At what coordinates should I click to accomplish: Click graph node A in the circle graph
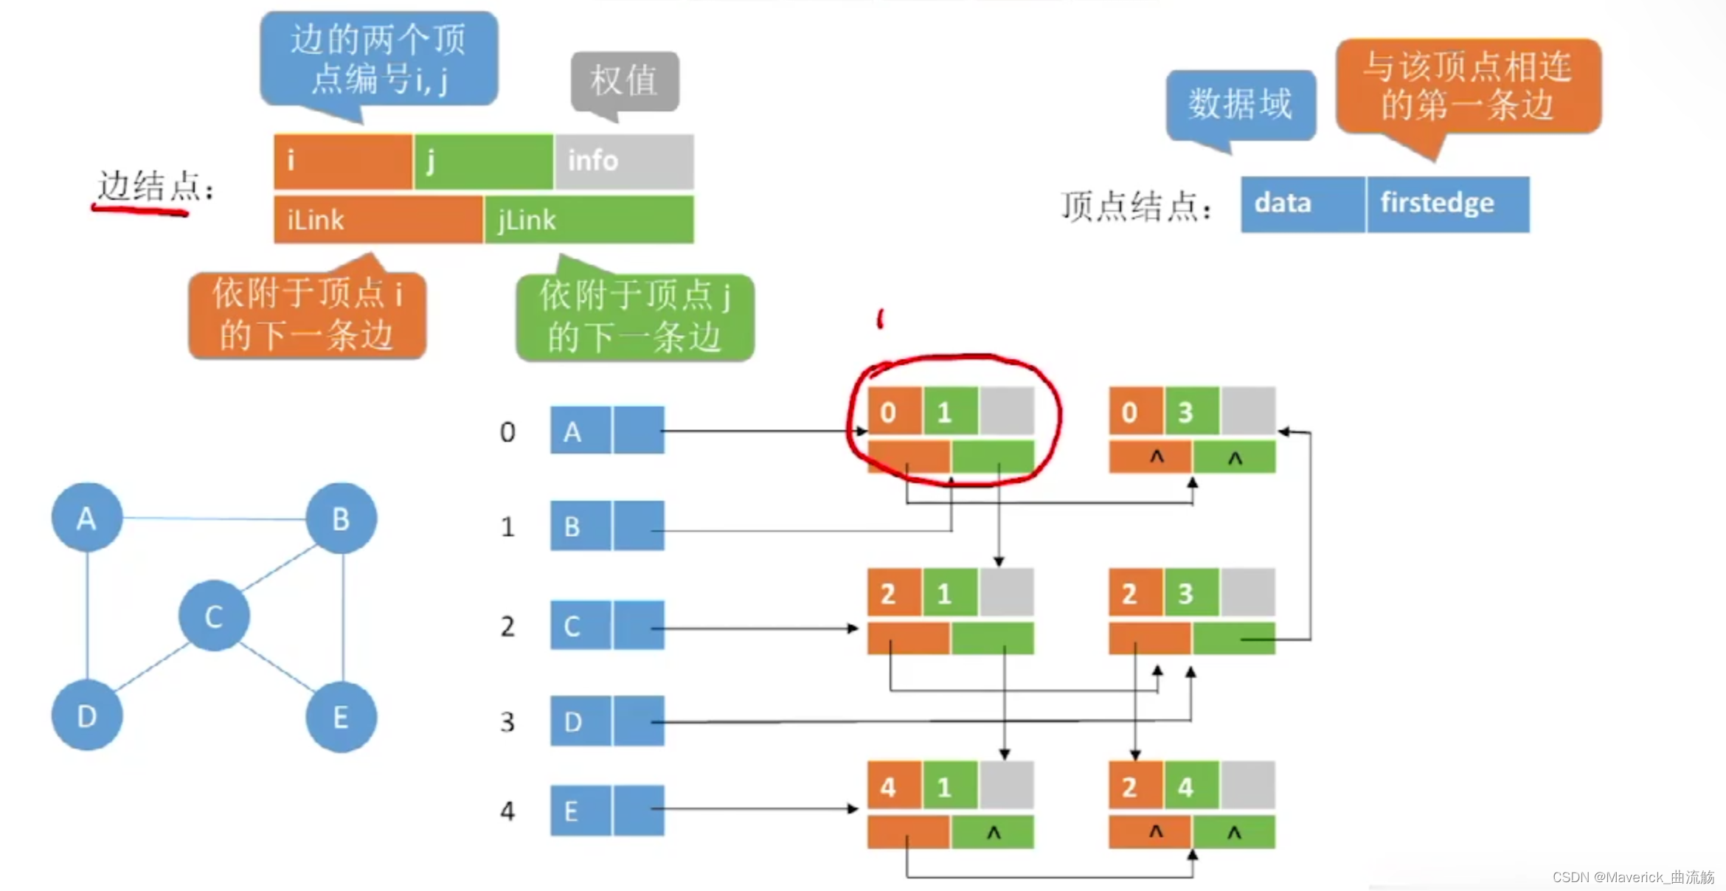point(86,519)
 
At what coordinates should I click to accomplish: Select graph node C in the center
point(214,616)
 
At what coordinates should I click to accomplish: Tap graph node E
point(341,717)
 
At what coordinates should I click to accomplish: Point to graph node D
point(86,715)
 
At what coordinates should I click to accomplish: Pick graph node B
point(341,519)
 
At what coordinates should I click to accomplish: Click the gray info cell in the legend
point(624,161)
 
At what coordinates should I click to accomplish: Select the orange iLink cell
point(378,220)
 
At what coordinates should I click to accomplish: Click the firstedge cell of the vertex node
point(1448,204)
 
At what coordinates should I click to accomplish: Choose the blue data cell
point(1303,204)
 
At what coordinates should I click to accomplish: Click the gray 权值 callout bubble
point(625,80)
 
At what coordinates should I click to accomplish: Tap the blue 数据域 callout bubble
point(1241,104)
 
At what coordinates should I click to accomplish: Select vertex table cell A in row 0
point(580,431)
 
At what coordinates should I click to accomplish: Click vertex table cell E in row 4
point(580,811)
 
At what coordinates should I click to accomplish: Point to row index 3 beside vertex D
point(507,721)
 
